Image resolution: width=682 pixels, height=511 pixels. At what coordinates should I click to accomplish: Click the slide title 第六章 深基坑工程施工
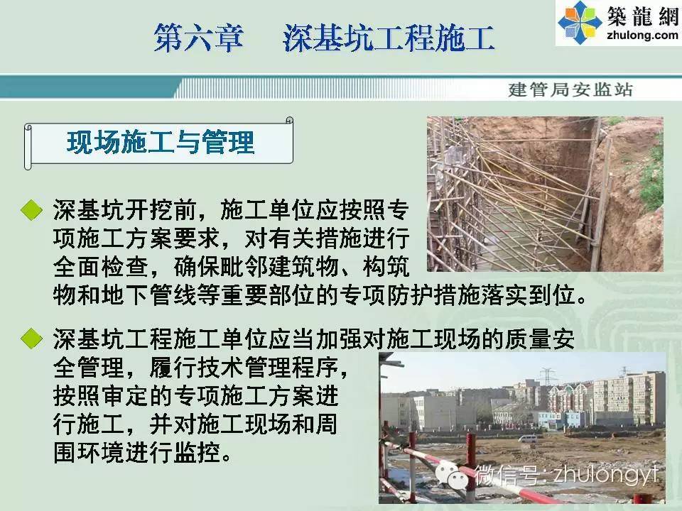coord(324,38)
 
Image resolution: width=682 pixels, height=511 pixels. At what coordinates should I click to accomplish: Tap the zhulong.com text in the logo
coord(642,35)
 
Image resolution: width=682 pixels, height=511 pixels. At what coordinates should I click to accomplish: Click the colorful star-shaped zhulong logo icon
coord(580,22)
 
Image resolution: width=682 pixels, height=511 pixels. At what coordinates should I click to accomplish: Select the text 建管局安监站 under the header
coord(570,89)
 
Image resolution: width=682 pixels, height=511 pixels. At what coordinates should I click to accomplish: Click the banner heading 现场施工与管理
coord(160,143)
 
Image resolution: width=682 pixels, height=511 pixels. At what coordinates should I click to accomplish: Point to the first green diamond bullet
coord(31,210)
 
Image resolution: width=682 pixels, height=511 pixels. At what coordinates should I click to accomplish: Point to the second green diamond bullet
coord(31,338)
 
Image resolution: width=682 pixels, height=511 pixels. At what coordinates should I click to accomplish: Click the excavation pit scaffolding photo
coord(545,194)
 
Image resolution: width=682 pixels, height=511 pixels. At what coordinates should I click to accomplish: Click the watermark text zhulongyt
coord(605,474)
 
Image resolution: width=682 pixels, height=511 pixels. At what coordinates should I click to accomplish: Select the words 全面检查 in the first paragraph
coord(102,267)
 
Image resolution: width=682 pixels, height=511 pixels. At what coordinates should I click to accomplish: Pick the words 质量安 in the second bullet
coord(540,339)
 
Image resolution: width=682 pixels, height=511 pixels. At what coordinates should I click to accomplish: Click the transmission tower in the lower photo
coord(548,375)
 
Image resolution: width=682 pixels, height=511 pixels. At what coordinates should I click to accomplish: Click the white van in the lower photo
coord(528,439)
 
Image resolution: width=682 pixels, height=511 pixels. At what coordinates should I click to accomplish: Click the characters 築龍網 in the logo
coord(642,16)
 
